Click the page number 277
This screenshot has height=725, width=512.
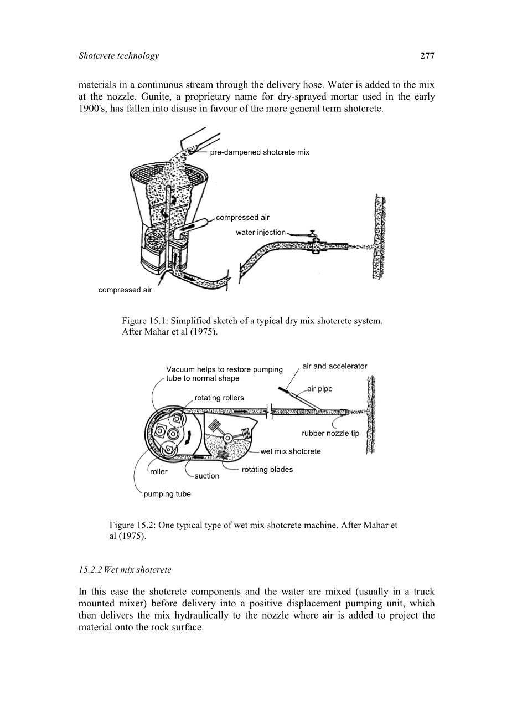pyautogui.click(x=427, y=55)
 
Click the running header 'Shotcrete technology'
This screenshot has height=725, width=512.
pyautogui.click(x=119, y=55)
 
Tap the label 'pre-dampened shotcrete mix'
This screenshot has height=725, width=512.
pyautogui.click(x=260, y=152)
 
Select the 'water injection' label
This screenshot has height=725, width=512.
pyautogui.click(x=261, y=233)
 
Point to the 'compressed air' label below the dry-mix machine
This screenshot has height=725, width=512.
pyautogui.click(x=125, y=290)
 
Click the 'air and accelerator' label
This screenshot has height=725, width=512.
pyautogui.click(x=334, y=366)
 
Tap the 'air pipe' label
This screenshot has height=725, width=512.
pyautogui.click(x=320, y=389)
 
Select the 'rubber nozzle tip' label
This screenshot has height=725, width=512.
pyautogui.click(x=330, y=433)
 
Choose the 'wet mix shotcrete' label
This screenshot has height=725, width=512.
pyautogui.click(x=291, y=451)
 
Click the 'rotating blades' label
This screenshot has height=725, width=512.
pyautogui.click(x=267, y=470)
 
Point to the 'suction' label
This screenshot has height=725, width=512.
pyautogui.click(x=207, y=476)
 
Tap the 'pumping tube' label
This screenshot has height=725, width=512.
pyautogui.click(x=167, y=494)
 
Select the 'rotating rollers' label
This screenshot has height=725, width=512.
pyautogui.click(x=219, y=398)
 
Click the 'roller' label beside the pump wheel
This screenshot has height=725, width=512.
pyautogui.click(x=159, y=472)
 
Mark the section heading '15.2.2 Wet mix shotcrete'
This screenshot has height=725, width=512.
pyautogui.click(x=125, y=569)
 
